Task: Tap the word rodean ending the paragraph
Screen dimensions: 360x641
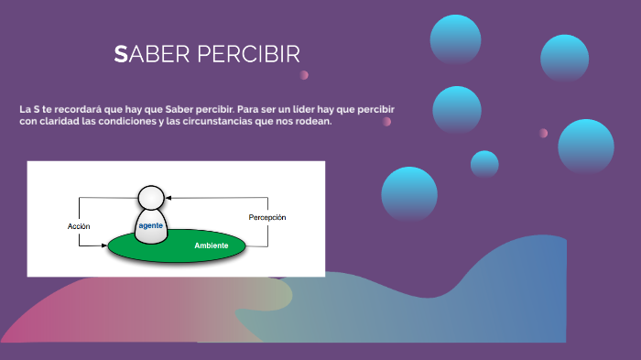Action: [309, 122]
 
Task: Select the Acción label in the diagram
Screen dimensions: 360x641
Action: [79, 225]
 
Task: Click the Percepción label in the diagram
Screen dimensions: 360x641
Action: [267, 217]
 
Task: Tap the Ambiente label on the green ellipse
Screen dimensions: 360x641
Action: [212, 245]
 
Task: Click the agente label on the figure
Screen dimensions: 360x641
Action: [150, 224]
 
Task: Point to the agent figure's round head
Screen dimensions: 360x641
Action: [151, 198]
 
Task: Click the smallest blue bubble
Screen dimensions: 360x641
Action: [484, 164]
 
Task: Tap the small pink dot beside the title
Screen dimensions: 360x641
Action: [304, 75]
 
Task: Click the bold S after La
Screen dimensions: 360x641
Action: [35, 109]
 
